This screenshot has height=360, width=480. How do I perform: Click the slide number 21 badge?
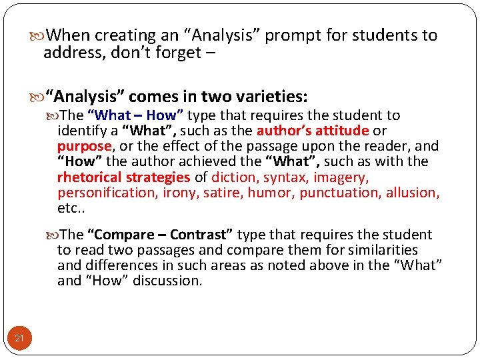(19, 338)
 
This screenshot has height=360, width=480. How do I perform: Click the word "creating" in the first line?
(123, 35)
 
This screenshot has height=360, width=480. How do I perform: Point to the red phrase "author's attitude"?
(313, 131)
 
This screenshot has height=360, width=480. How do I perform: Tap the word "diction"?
(235, 177)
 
